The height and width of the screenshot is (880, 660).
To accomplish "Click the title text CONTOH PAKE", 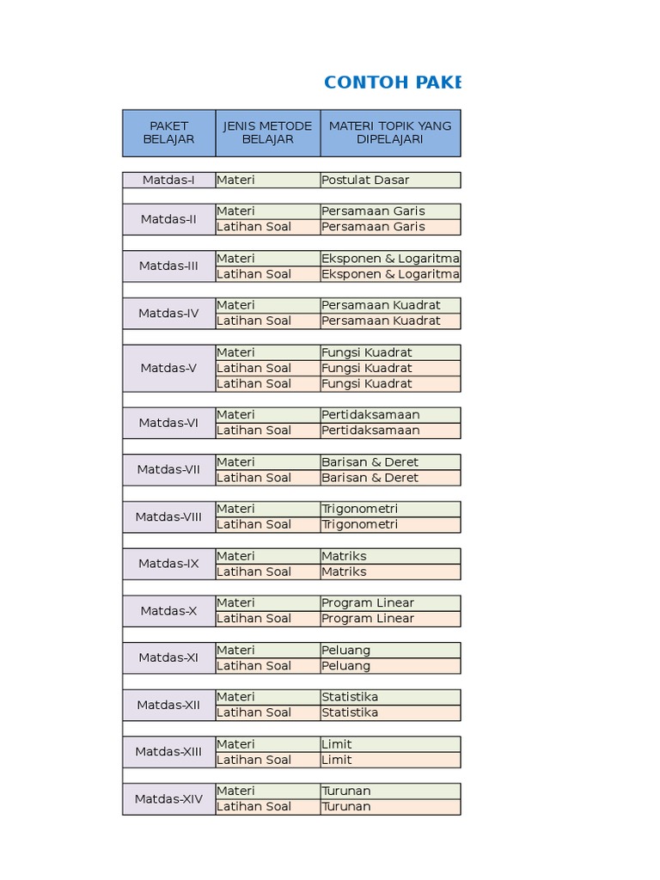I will [x=392, y=82].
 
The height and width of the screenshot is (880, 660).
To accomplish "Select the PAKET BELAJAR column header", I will [x=168, y=132].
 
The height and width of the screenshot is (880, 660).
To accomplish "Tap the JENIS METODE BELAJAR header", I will [x=267, y=132].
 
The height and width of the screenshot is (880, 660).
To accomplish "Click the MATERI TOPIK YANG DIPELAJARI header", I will [x=390, y=132].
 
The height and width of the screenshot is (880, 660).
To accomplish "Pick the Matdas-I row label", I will [x=168, y=180].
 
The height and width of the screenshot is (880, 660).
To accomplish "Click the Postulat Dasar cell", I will [x=390, y=180].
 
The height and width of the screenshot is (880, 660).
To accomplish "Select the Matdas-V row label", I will [x=168, y=368].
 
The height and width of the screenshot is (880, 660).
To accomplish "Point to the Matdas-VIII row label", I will [x=168, y=516].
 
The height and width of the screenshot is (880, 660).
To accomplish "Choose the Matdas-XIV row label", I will [x=168, y=798].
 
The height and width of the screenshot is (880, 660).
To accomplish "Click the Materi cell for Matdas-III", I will [x=267, y=258].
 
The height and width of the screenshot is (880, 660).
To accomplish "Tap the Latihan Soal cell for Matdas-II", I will [x=267, y=227].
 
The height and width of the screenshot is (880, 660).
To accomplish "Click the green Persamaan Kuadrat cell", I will [x=390, y=305].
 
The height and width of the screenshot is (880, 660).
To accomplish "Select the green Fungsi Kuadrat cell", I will [x=390, y=352].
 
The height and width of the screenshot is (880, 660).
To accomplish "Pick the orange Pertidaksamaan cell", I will [x=390, y=431].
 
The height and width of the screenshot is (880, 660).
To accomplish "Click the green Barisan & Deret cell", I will [x=390, y=461].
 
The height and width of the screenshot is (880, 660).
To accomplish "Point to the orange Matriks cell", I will [x=390, y=571].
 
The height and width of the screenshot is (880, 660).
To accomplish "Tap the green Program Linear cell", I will [x=390, y=602].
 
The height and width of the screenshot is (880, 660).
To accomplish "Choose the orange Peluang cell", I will [x=390, y=665].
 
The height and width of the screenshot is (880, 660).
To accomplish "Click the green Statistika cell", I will [x=390, y=697].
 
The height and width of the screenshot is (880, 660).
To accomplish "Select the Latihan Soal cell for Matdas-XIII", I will [x=267, y=760].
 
